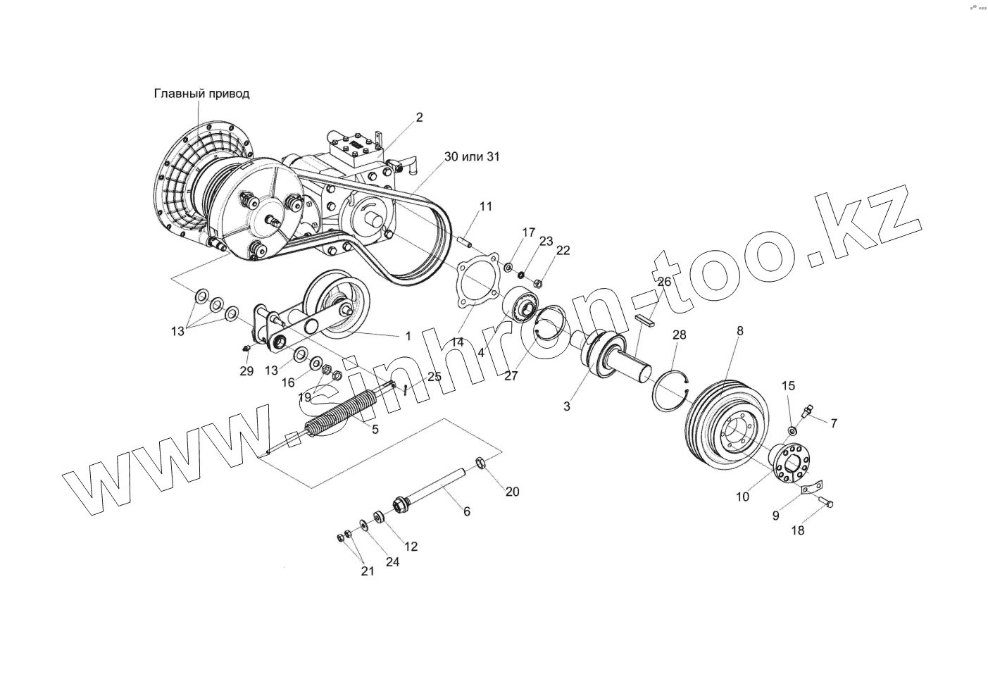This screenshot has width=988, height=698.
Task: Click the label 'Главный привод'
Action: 201,94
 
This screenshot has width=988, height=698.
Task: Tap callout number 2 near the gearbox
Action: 420,118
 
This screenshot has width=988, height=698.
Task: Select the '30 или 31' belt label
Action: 472,156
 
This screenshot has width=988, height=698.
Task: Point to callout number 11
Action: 487,206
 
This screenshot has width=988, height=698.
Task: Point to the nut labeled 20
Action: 481,463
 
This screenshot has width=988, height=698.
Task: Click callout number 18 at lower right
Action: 797,530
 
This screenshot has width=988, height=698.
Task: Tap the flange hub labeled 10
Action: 792,465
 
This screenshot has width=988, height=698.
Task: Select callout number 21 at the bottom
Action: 368,571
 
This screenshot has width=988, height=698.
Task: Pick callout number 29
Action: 246,371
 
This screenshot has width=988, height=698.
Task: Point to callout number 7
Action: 834,423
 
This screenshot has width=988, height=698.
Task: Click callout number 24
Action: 392,562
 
